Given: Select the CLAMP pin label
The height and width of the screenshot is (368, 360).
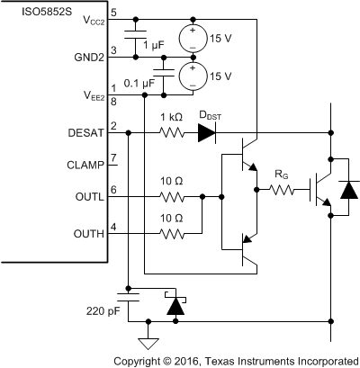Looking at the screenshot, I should (88, 166).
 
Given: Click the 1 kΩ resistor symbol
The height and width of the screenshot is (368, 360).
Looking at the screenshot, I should (173, 132).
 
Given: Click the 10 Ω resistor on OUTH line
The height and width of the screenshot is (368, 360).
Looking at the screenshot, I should (173, 234).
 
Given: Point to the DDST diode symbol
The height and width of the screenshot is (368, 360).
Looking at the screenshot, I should (207, 132).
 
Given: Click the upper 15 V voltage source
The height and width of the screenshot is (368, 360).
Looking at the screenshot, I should (193, 37).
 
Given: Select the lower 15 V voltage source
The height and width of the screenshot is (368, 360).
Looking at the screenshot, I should (193, 75).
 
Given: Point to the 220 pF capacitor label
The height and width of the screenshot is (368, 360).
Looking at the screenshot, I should (101, 314).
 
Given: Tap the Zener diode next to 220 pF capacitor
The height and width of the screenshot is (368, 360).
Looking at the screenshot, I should (172, 306).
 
